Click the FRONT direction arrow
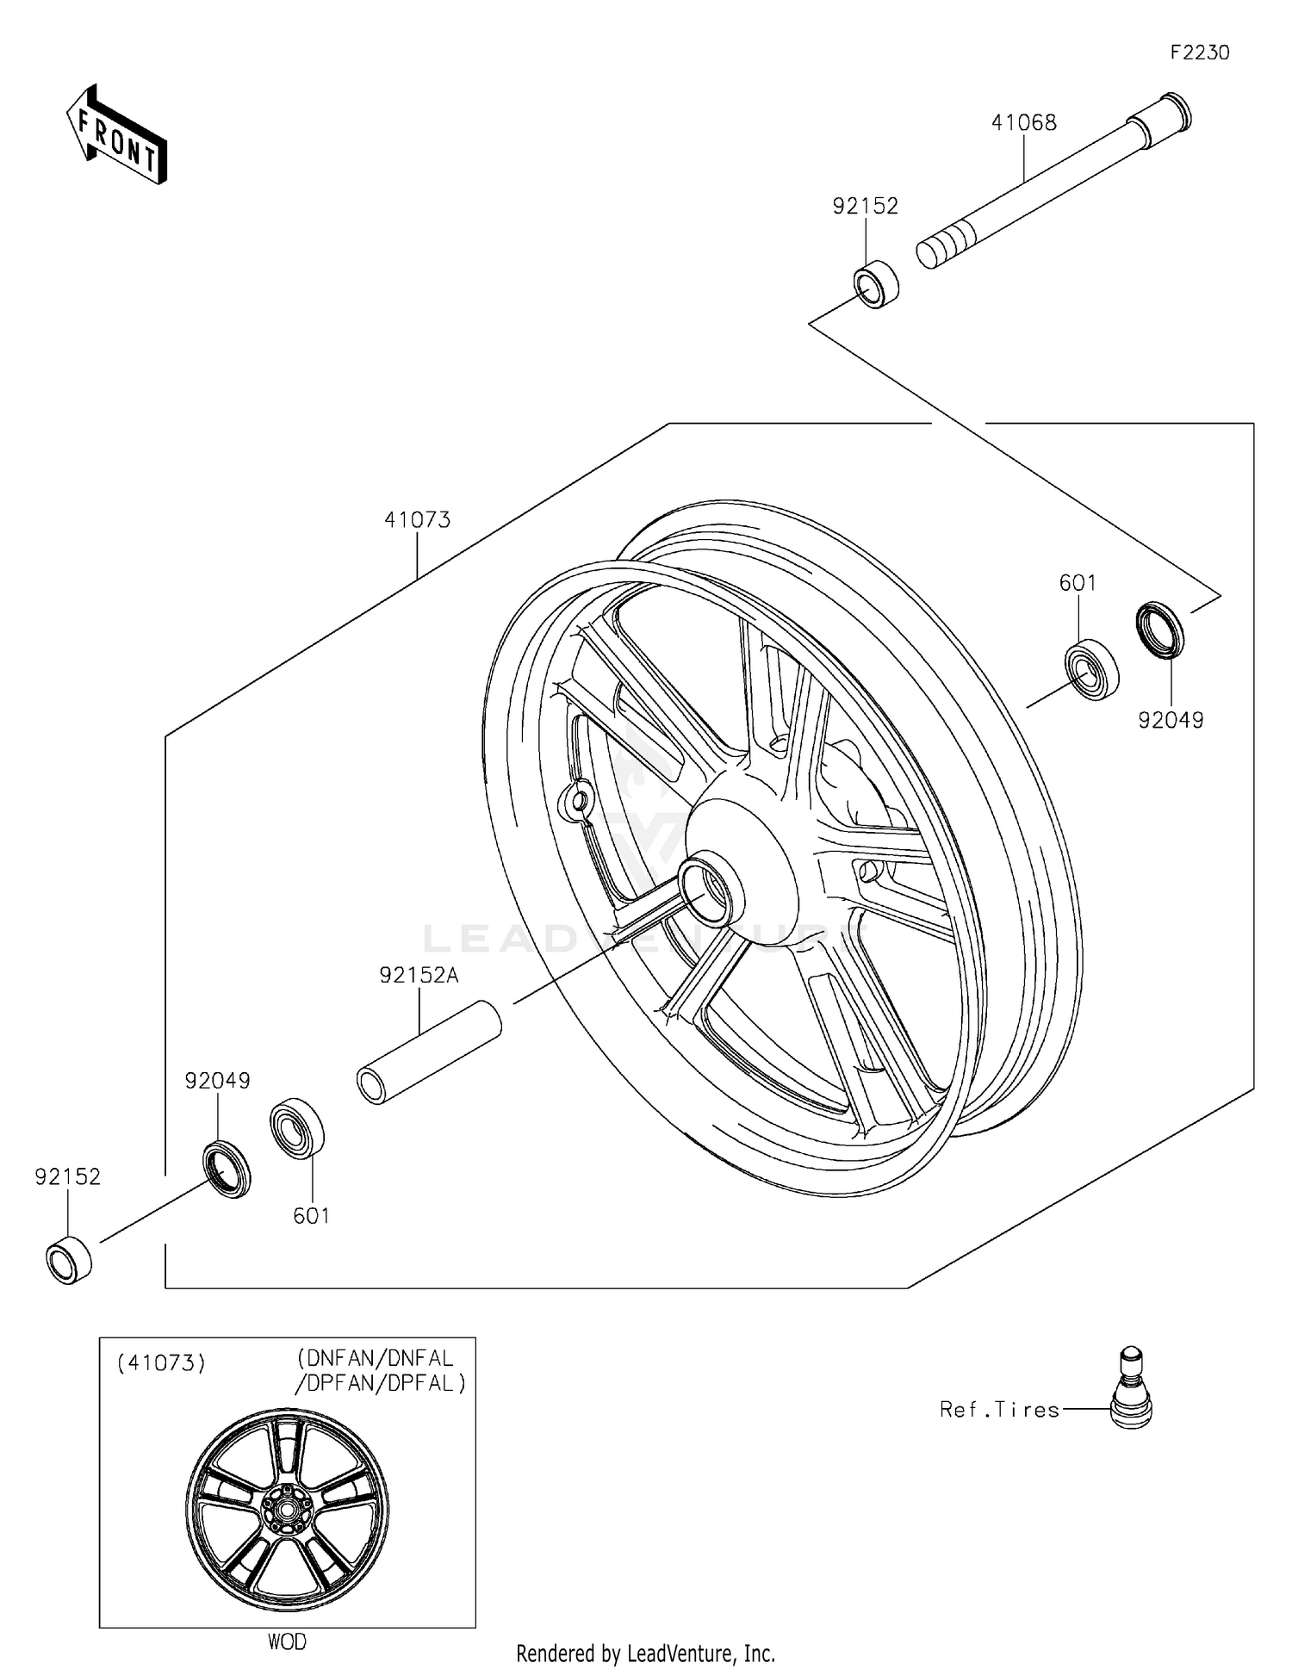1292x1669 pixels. coord(116,136)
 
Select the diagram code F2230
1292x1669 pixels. coord(1199,53)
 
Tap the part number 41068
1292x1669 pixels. coord(1023,123)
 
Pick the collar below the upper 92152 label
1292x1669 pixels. coord(876,282)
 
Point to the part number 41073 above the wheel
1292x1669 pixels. coord(417,520)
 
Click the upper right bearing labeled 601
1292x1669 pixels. coord(1091,668)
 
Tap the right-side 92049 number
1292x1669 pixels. coord(1171,721)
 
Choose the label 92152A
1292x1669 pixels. coord(419,975)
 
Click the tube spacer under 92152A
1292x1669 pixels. coord(429,1052)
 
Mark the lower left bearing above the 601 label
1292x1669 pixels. coord(297,1128)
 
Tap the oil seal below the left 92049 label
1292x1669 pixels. coord(227,1168)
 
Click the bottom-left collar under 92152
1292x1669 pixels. coord(69,1260)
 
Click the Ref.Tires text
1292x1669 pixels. coord(999,1410)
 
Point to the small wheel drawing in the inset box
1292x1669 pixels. coord(287,1508)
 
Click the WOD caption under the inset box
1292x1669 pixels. coord(287,1641)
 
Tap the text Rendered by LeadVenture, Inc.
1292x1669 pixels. coord(645,1653)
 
